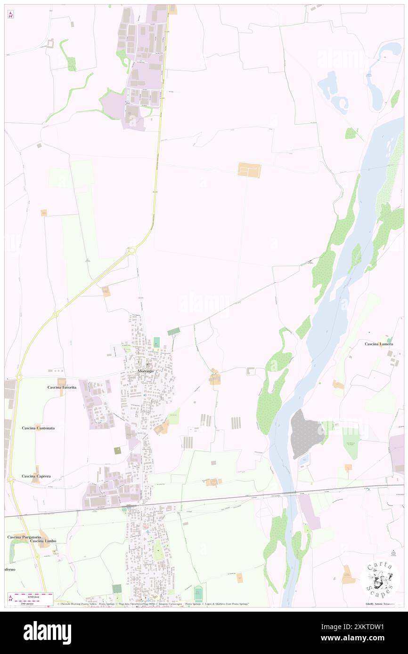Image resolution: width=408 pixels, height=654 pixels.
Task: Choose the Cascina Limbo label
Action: (43, 541)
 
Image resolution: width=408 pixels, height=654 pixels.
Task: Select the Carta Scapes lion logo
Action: (380, 578)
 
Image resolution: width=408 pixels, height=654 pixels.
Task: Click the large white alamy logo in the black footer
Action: (47, 632)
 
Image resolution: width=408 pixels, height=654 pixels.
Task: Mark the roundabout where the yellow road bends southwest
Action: (132, 251)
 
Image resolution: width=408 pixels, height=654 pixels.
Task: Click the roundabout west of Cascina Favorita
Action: (19, 376)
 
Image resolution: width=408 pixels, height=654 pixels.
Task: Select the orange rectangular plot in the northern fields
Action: (249, 170)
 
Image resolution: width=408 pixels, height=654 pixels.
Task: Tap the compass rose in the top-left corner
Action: (10, 15)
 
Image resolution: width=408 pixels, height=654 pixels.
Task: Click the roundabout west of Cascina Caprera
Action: (10, 479)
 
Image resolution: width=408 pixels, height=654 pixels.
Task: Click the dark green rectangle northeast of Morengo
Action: (174, 332)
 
